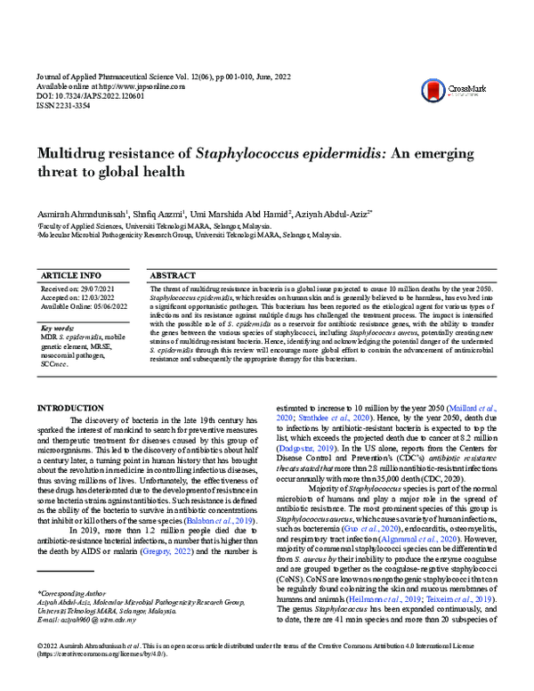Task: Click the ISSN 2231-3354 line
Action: click(x=69, y=104)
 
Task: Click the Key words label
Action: click(x=60, y=329)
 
